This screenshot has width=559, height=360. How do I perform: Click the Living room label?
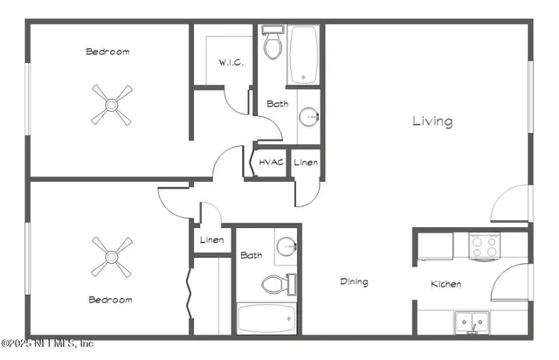432,121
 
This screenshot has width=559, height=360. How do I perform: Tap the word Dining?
354,282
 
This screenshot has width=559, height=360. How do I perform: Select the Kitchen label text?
445,284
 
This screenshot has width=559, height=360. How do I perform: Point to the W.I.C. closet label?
231,64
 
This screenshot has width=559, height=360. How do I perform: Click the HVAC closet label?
271,163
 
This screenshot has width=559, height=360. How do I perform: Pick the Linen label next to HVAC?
305,163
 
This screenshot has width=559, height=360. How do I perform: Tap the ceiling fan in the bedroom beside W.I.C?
111,105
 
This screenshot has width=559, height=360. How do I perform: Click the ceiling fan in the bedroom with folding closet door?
111,256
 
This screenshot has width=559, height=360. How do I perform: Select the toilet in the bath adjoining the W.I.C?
273,43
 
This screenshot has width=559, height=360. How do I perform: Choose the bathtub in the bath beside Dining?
266,319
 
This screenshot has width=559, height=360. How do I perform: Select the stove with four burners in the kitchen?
484,246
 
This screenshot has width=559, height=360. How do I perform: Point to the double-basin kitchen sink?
473,322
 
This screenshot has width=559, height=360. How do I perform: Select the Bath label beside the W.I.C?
278,104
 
